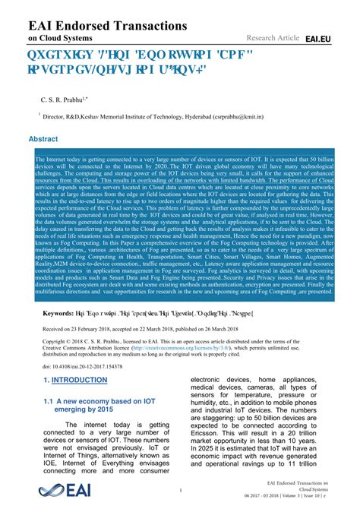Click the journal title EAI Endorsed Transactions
click(107, 26)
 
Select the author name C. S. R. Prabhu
click(65, 100)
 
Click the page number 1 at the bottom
click(180, 490)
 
